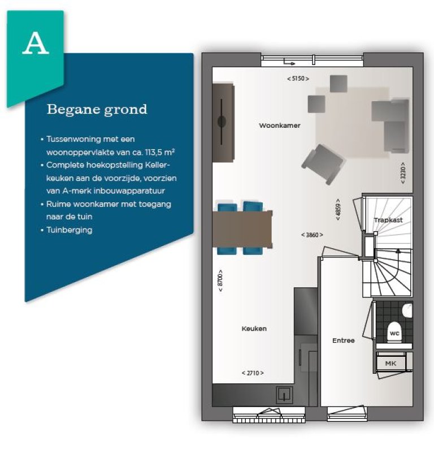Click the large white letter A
tap(36, 43)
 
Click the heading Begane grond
tap(97, 110)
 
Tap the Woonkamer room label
tap(280, 126)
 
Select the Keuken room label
tap(254, 329)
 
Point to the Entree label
tap(343, 340)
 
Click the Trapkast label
tap(388, 220)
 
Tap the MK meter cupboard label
tap(390, 364)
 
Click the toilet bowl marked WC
tap(394, 332)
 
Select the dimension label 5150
tap(298, 79)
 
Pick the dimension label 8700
tap(220, 280)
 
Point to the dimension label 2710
tap(253, 373)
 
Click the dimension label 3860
tap(312, 235)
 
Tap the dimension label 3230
tap(403, 173)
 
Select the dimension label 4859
tap(338, 210)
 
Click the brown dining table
tap(242, 229)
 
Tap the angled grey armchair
tap(323, 164)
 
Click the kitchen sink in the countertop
tap(284, 395)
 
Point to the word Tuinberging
tap(70, 230)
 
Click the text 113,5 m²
tap(160, 152)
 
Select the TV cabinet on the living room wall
tap(223, 123)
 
